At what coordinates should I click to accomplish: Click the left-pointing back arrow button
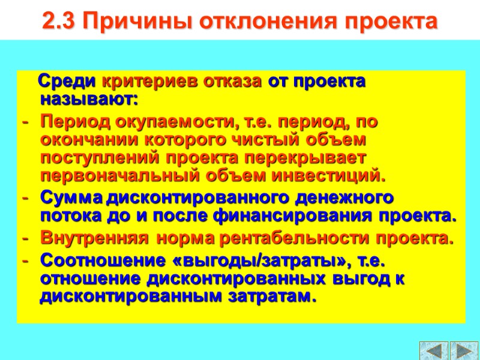point(434,350)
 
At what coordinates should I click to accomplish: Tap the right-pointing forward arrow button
point(463,350)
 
